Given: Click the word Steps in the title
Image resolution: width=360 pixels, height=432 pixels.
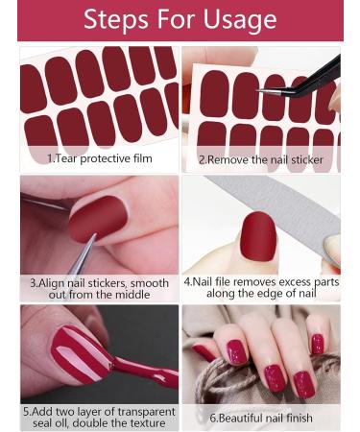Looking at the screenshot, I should pyautogui.click(x=116, y=19).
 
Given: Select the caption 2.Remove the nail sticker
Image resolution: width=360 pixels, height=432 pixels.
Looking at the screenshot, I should pyautogui.click(x=260, y=159).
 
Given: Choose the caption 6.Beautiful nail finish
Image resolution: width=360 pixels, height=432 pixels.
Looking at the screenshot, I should pyautogui.click(x=260, y=417).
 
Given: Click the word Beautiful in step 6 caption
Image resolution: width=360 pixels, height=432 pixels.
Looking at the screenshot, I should pyautogui.click(x=241, y=417).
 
